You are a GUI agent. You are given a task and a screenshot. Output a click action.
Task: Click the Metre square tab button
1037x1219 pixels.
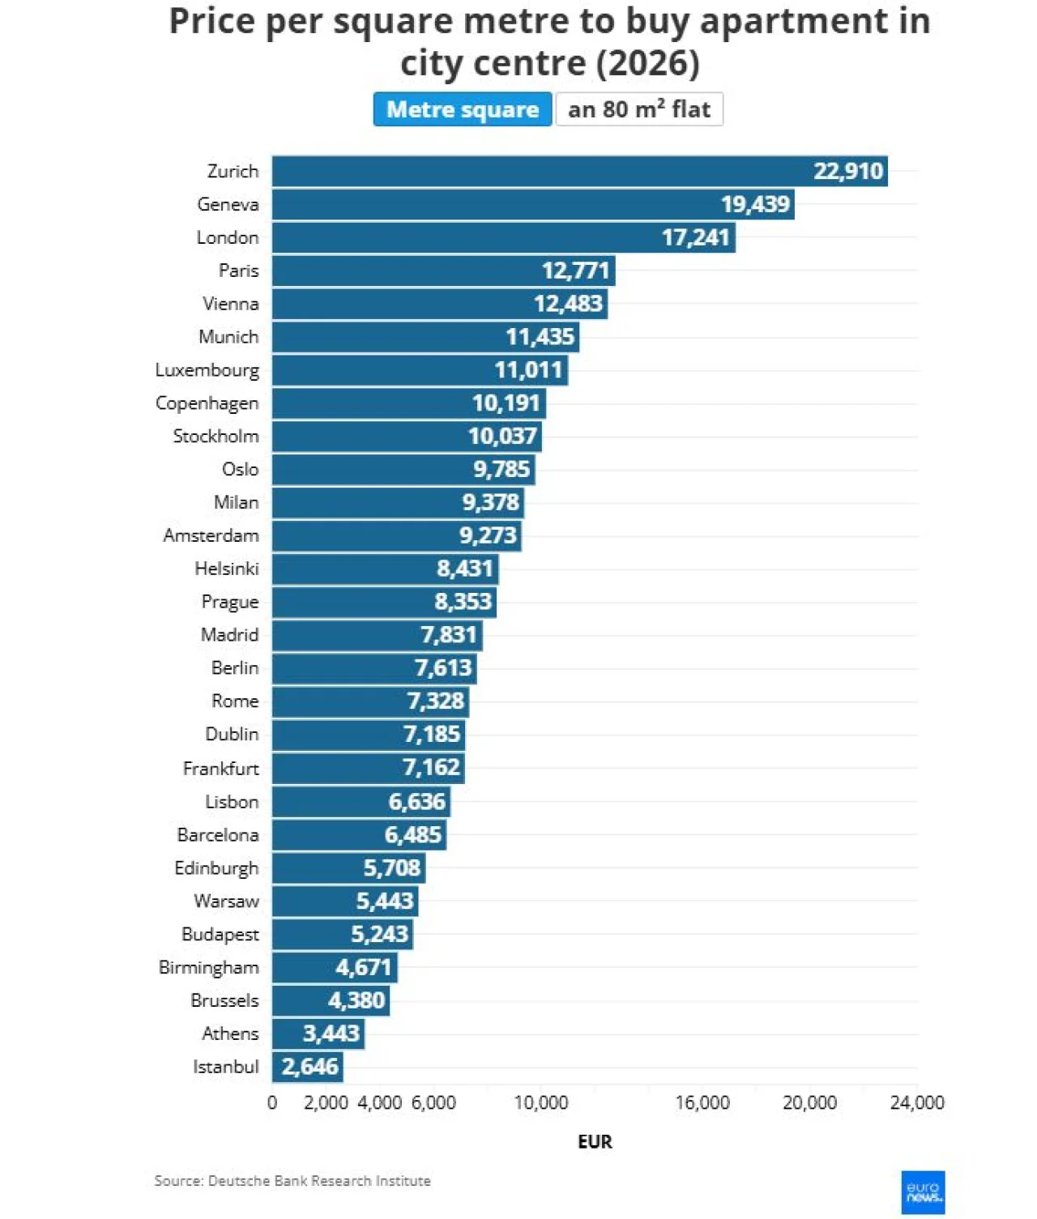click(x=463, y=109)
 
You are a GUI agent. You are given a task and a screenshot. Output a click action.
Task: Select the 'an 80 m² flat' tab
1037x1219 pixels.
click(x=639, y=109)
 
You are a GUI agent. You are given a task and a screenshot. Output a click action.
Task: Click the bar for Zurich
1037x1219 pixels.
click(x=580, y=171)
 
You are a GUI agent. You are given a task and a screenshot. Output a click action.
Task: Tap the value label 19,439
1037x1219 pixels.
click(x=755, y=204)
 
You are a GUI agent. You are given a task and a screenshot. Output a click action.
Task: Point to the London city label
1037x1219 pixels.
click(x=228, y=237)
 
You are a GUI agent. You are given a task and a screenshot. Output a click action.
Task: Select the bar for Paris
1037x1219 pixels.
click(x=444, y=271)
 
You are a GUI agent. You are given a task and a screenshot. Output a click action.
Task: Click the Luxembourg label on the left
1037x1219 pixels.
click(x=207, y=370)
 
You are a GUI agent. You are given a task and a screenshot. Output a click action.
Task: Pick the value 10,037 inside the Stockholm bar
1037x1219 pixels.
click(x=502, y=436)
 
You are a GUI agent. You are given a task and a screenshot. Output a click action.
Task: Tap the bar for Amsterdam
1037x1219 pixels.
click(x=396, y=535)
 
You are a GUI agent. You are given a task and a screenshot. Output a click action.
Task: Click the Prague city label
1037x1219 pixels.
click(x=230, y=602)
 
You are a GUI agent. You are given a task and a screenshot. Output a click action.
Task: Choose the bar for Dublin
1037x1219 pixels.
click(x=369, y=734)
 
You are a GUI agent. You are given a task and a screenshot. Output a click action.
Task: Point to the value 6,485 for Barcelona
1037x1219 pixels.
click(x=413, y=834)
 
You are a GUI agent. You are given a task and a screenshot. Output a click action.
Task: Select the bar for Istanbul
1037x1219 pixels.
click(x=307, y=1066)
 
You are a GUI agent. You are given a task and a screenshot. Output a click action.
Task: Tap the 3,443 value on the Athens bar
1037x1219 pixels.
click(x=331, y=1034)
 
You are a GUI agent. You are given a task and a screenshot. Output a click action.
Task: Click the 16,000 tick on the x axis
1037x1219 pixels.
click(x=702, y=1102)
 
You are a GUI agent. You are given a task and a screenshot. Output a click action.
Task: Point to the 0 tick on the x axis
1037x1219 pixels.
click(x=272, y=1102)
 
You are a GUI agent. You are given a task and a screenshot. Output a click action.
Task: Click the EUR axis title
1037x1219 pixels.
click(x=595, y=1142)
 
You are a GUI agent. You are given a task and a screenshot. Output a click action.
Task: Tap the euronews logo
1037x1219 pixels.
click(x=923, y=1192)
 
